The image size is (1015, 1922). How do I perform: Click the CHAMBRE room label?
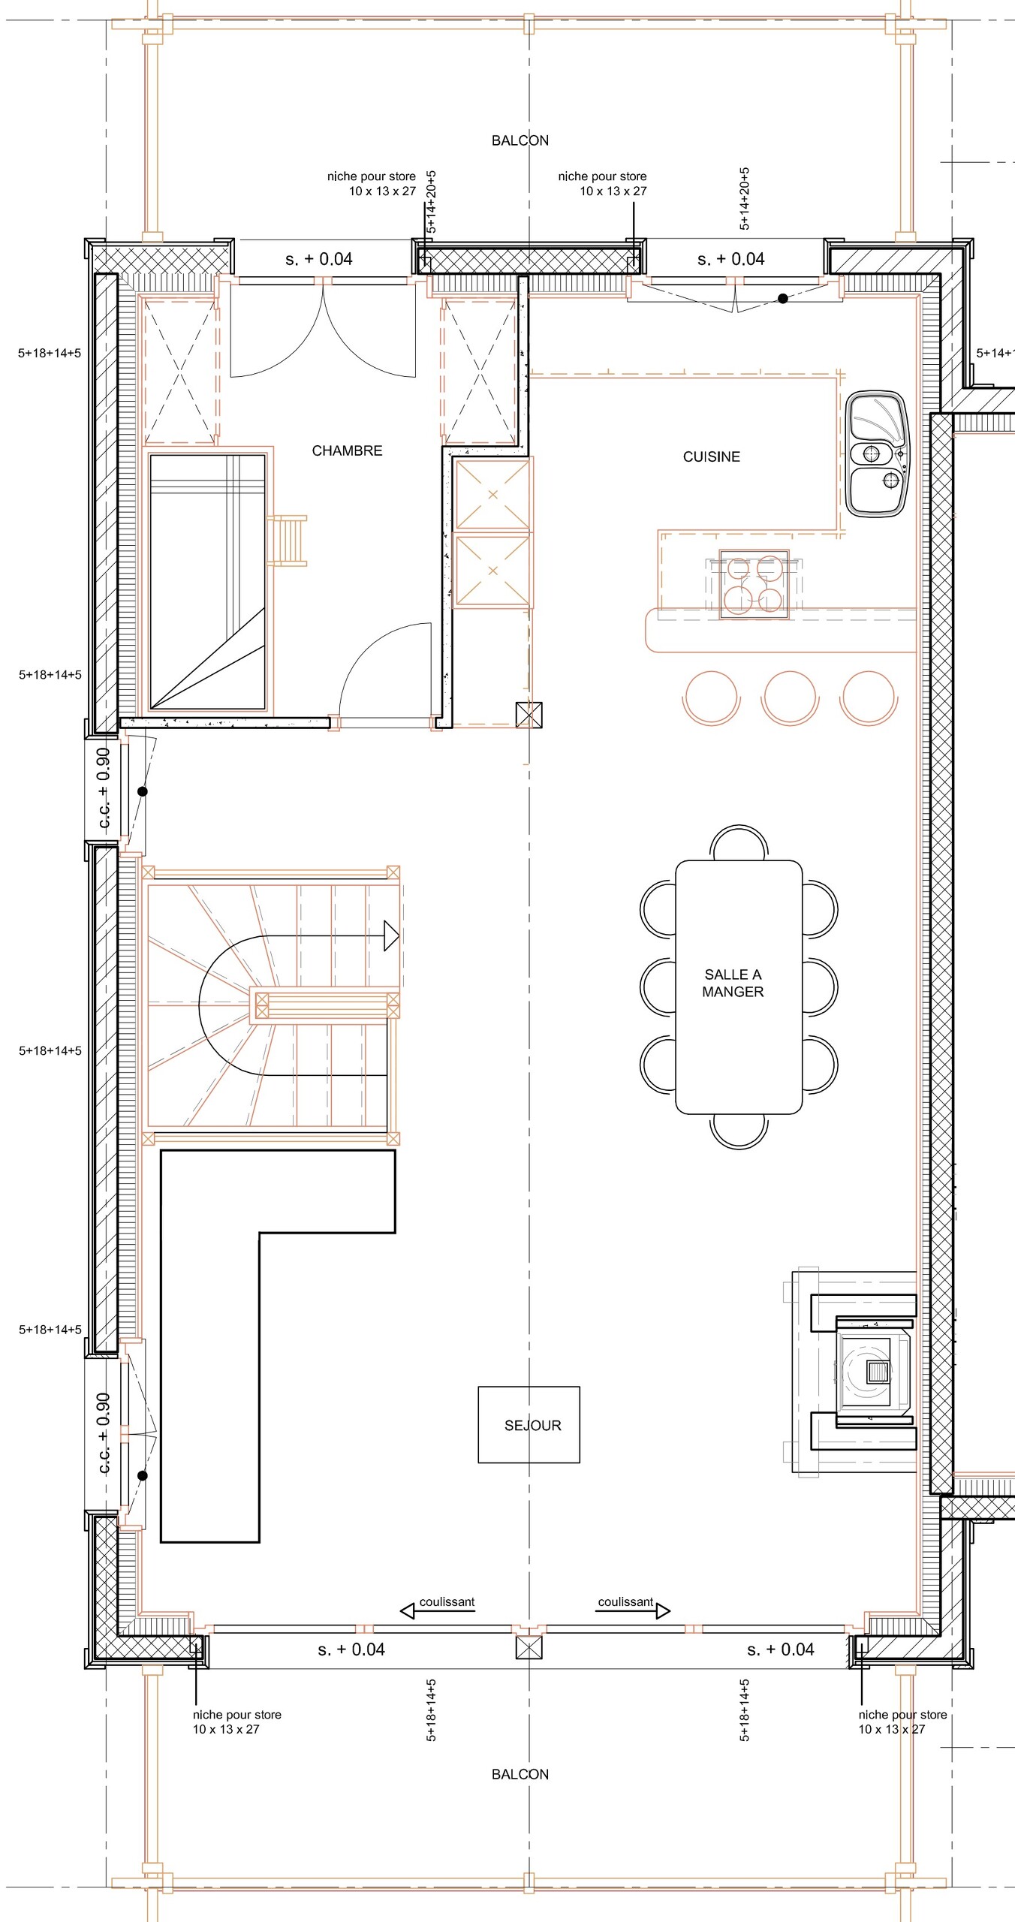347,450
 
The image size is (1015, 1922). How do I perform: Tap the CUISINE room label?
711,456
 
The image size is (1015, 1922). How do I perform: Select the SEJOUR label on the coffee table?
532,1425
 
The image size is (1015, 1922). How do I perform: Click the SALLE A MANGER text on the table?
733,983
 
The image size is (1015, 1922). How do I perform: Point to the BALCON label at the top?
520,140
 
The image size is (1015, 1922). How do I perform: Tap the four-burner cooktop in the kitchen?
753,584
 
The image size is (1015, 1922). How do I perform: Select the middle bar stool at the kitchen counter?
790,697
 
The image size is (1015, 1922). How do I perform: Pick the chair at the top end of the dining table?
739,842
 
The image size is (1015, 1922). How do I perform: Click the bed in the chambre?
207,582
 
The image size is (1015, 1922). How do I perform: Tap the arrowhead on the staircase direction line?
391,935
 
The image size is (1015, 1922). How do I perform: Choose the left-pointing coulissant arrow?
408,1610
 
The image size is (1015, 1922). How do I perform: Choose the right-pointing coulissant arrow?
663,1610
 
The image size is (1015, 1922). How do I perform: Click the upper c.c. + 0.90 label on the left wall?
104,788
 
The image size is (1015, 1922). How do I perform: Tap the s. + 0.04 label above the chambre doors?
318,259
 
